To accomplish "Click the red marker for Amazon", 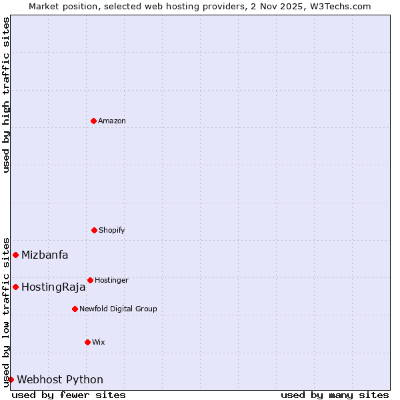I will pos(93,121).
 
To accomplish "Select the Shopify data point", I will pos(94,230).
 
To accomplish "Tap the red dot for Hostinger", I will pos(90,280).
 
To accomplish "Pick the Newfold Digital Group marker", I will pos(75,309).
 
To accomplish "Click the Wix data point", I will pos(87,342).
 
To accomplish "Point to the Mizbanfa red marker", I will pos(15,255).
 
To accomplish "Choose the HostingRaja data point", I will pos(15,287).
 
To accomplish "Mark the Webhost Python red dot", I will pos(11,379).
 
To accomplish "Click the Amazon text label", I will pos(112,121).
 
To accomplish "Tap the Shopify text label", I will pos(112,230).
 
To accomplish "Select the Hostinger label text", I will pos(111,280).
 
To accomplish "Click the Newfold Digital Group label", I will pos(118,309).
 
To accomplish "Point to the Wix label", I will pos(99,342).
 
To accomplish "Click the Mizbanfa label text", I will pos(45,255).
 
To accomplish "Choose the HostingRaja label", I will pos(53,287).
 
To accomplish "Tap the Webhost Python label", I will pos(60,380).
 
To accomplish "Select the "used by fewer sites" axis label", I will pos(69,395).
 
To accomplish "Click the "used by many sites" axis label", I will pos(335,395).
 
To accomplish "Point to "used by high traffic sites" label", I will pos(6,95).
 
